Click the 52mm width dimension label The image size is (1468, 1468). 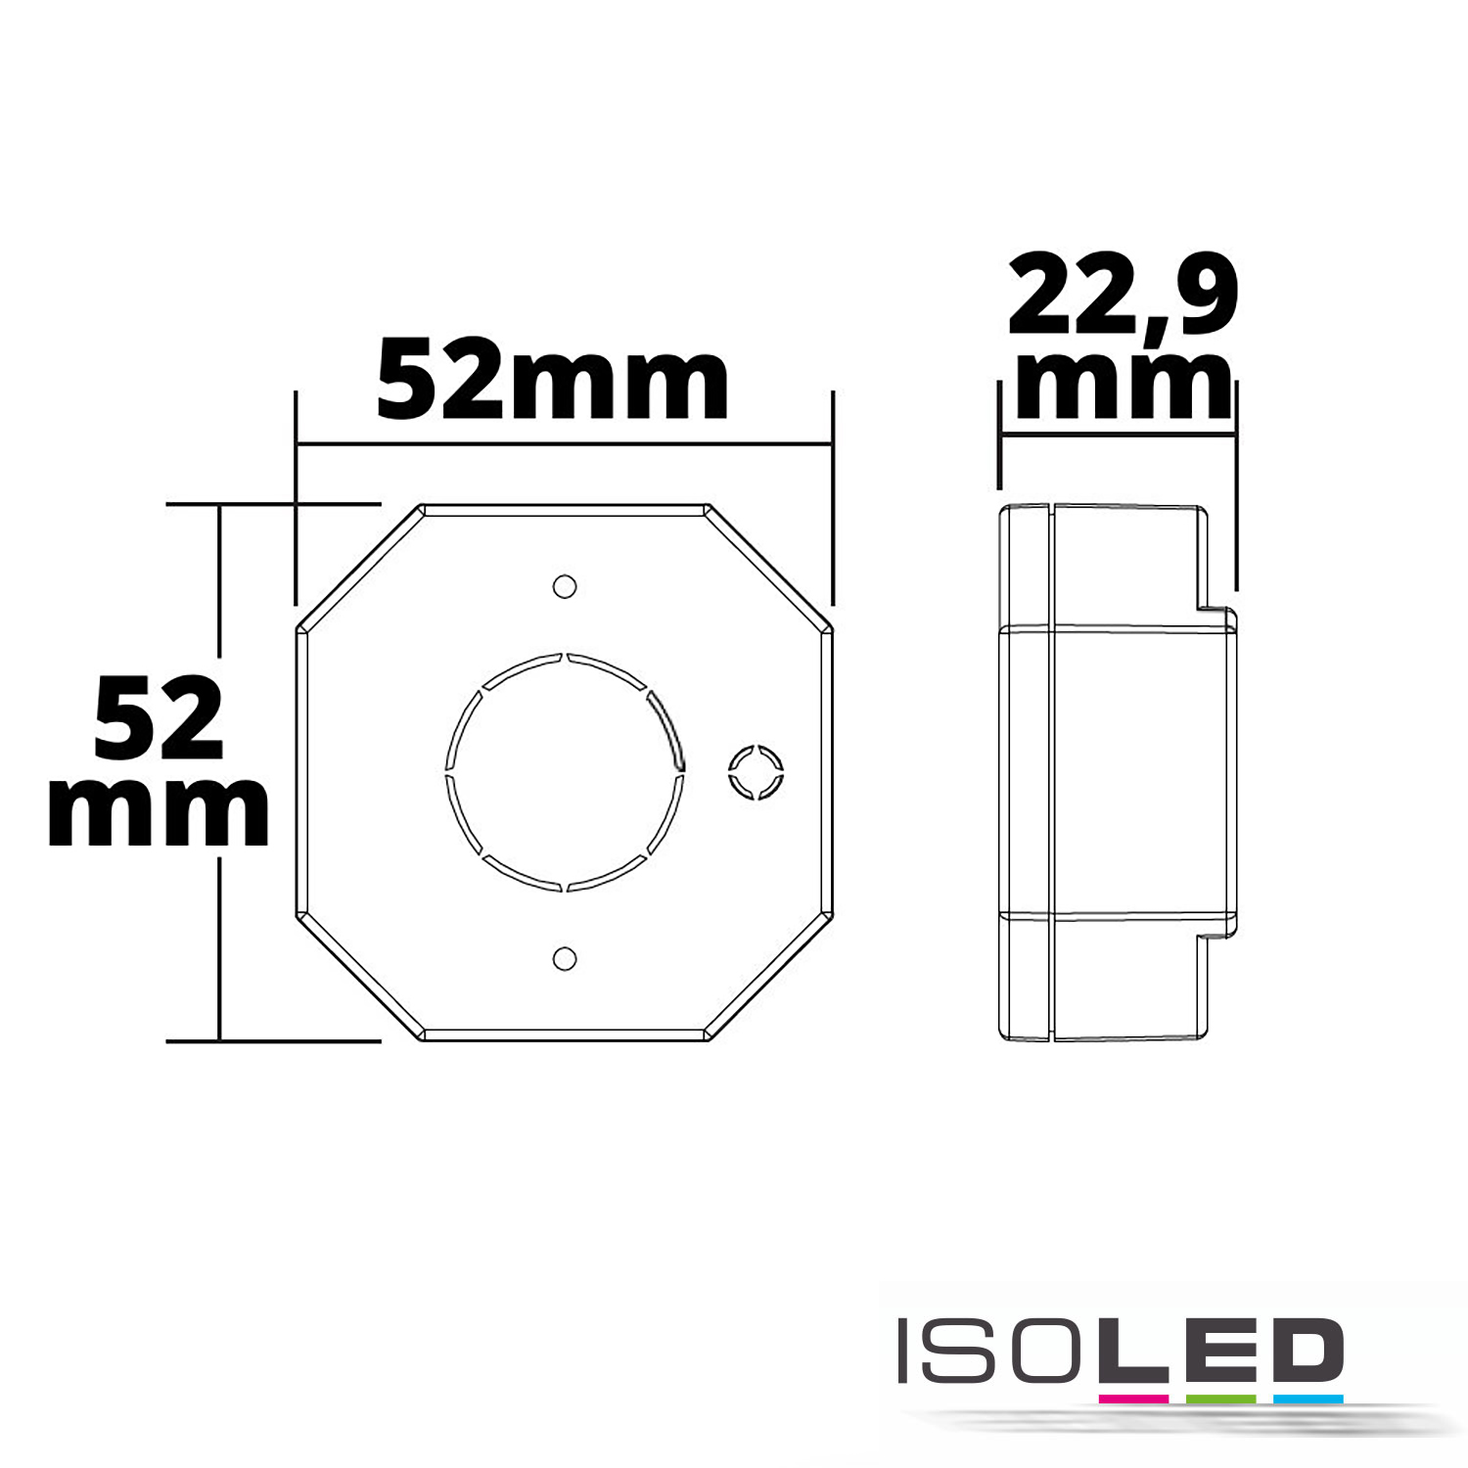point(553,380)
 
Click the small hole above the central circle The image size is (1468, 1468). point(565,586)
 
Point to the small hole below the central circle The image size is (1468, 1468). point(565,958)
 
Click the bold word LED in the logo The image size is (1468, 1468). point(1212,1352)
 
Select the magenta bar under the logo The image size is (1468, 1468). point(1133,1399)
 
